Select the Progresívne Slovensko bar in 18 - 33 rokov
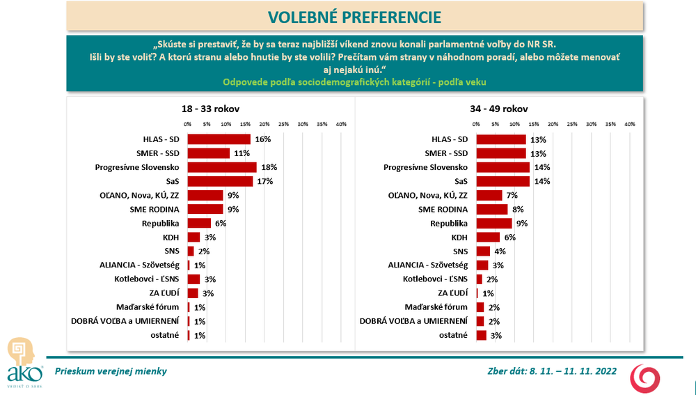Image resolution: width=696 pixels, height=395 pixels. pyautogui.click(x=222, y=167)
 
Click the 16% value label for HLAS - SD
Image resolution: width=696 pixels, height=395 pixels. pyautogui.click(x=262, y=139)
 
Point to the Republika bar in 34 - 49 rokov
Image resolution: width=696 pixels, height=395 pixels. pyautogui.click(x=494, y=223)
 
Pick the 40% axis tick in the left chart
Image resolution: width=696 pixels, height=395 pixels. pyautogui.click(x=341, y=124)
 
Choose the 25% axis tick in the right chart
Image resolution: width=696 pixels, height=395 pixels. pyautogui.click(x=572, y=124)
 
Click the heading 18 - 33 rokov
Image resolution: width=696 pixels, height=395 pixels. pyautogui.click(x=207, y=109)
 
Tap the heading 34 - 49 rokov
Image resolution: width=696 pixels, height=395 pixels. pyautogui.click(x=499, y=109)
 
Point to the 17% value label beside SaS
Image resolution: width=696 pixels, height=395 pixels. pyautogui.click(x=264, y=181)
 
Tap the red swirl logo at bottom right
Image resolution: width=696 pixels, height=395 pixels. pyautogui.click(x=643, y=376)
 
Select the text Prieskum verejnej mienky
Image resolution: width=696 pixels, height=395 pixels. pyautogui.click(x=111, y=371)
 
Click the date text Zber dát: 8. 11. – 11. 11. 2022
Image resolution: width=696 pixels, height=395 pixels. pyautogui.click(x=552, y=371)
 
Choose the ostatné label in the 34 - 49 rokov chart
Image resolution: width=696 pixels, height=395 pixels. pyautogui.click(x=453, y=335)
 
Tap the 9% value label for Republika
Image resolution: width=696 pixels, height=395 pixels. pyautogui.click(x=521, y=223)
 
